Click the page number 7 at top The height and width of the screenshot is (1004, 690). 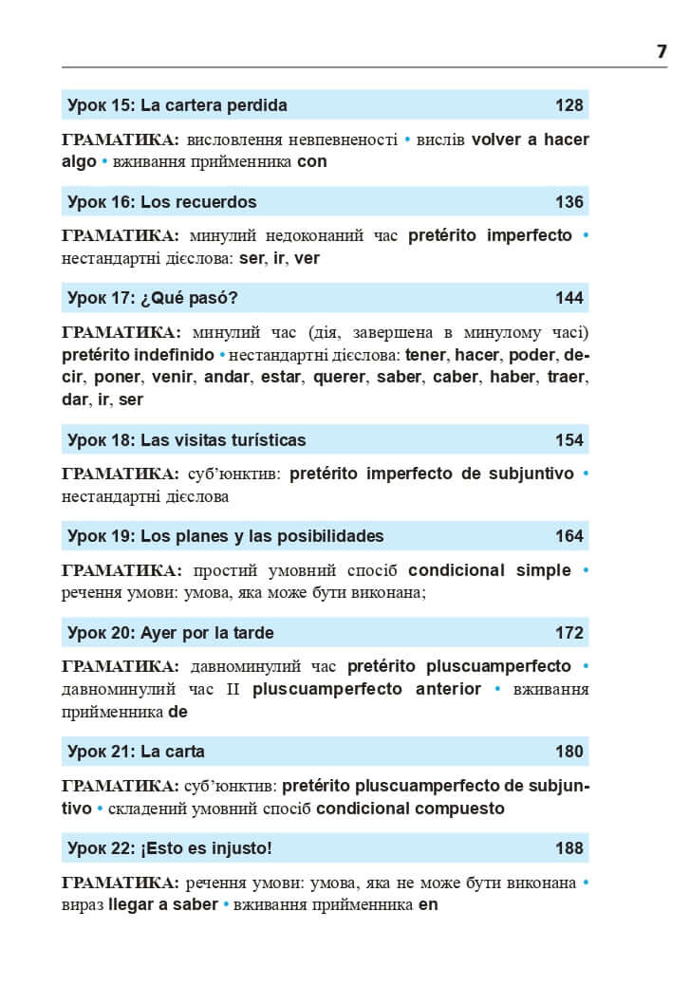click(x=662, y=51)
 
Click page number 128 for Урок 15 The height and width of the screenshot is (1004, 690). click(x=569, y=105)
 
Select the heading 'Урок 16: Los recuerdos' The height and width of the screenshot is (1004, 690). click(x=162, y=202)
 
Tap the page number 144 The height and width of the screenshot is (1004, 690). click(x=569, y=298)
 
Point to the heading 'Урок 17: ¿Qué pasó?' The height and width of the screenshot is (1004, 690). click(x=153, y=298)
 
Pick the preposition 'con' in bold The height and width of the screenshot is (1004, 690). click(x=312, y=161)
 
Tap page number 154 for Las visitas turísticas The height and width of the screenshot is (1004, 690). click(x=569, y=440)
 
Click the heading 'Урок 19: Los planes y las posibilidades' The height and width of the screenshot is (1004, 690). click(x=226, y=536)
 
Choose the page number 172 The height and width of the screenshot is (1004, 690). click(x=569, y=632)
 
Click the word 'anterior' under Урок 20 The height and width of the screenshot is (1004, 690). click(x=448, y=689)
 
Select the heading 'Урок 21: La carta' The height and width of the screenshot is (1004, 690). click(x=137, y=752)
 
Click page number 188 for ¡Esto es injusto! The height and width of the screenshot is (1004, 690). click(x=569, y=847)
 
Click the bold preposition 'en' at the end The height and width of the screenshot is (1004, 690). click(x=428, y=904)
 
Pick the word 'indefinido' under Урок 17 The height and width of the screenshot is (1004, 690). click(x=168, y=355)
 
